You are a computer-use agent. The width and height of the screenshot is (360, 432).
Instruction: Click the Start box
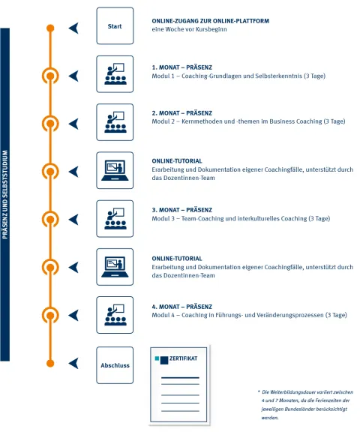(x=115, y=26)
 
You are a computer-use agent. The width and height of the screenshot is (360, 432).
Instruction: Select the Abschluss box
(x=115, y=365)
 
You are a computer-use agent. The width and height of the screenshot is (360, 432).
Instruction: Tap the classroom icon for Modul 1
(x=115, y=73)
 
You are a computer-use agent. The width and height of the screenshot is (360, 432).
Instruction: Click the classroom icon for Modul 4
(x=115, y=315)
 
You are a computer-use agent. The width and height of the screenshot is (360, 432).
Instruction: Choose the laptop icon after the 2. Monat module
(x=115, y=170)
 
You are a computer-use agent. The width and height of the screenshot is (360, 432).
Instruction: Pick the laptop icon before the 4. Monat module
(x=115, y=267)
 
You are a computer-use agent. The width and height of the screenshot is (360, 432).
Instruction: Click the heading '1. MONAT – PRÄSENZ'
(x=182, y=67)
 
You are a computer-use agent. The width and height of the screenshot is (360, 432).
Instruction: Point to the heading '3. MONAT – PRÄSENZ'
(x=182, y=210)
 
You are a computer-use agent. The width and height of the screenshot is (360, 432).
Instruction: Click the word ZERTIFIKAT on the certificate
(x=184, y=358)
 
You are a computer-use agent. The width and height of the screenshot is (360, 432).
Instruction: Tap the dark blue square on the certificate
(x=164, y=360)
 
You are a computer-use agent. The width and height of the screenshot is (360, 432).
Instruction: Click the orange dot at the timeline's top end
(x=50, y=28)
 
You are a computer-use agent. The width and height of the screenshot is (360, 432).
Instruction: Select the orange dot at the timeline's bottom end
(x=50, y=364)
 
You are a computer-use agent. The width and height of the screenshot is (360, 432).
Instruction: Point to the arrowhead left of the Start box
(x=73, y=28)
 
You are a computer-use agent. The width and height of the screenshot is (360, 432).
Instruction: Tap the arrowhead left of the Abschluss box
(x=73, y=364)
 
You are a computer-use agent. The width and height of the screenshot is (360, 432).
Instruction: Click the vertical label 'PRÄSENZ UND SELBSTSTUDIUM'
(x=5, y=194)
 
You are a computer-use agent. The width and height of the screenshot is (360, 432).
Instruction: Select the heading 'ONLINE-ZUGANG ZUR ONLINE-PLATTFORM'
(x=211, y=21)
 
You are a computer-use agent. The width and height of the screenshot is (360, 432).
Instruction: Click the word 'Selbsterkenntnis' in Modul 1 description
(x=278, y=76)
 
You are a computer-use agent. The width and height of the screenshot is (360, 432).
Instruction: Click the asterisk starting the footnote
(x=259, y=391)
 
